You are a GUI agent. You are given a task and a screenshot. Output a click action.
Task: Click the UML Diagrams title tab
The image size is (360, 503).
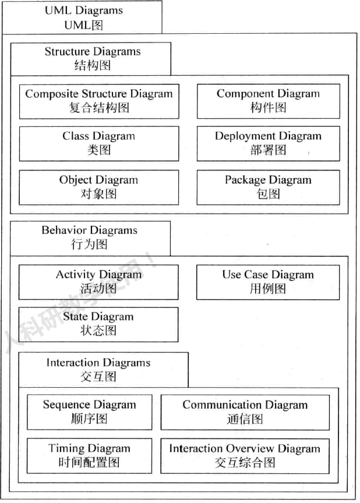coord(82,17)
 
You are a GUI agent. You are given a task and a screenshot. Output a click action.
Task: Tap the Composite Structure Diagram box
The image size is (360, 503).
coord(99,101)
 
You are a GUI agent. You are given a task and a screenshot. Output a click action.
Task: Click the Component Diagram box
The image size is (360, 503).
coord(268,101)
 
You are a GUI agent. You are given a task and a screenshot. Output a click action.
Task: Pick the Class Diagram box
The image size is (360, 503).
coord(99,143)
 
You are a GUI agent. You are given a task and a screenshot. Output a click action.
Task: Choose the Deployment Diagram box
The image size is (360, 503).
coord(268,143)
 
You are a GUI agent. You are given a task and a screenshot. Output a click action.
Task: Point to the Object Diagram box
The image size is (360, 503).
coord(99,187)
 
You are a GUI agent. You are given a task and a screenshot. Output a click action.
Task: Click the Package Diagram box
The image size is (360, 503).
coord(268,187)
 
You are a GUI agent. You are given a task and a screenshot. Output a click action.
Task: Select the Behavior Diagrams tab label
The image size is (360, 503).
coord(90,238)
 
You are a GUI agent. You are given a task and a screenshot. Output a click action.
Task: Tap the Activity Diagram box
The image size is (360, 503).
coord(99,282)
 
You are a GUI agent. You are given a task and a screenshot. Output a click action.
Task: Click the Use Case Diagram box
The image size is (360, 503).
coord(268,282)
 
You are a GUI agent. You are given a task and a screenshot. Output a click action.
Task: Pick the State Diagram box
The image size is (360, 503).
coord(99,324)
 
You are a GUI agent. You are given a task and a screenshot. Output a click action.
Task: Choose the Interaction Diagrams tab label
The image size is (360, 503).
coord(98,370)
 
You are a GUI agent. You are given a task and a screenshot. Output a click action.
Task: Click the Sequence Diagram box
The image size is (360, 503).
coord(89,412)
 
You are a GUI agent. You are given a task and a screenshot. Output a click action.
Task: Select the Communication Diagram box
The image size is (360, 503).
coord(245,412)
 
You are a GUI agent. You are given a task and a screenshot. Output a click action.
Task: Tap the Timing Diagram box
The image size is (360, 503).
coord(89,455)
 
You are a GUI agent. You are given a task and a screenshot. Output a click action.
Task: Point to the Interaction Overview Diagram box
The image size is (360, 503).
coord(245,455)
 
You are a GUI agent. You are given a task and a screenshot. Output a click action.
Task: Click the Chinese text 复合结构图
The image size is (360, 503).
coord(99,108)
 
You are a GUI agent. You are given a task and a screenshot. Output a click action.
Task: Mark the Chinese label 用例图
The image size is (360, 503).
coord(268,289)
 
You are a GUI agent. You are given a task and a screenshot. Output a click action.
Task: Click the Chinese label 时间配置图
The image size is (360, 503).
coord(89,463)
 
